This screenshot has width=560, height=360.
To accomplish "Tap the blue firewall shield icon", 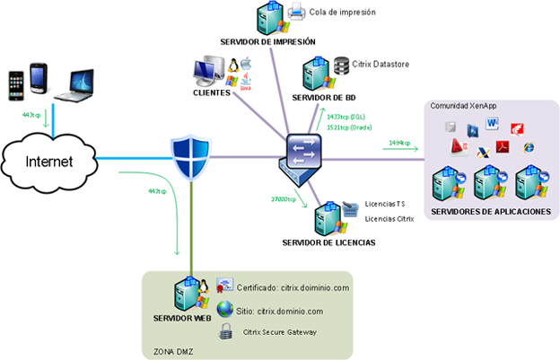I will (x=190, y=157).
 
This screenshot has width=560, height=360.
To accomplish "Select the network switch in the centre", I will (x=297, y=156).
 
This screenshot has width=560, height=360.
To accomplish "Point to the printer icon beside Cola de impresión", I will (x=296, y=12).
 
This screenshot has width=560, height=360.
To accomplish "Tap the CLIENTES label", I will (x=212, y=92).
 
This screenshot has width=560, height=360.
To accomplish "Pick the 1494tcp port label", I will (x=399, y=144).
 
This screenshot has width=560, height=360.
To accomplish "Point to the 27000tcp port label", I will (x=284, y=198).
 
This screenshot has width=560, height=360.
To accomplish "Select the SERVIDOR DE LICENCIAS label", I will (x=328, y=243).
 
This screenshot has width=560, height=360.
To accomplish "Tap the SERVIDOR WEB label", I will (x=185, y=318).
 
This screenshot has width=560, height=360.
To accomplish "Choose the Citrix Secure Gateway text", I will (x=279, y=331).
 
